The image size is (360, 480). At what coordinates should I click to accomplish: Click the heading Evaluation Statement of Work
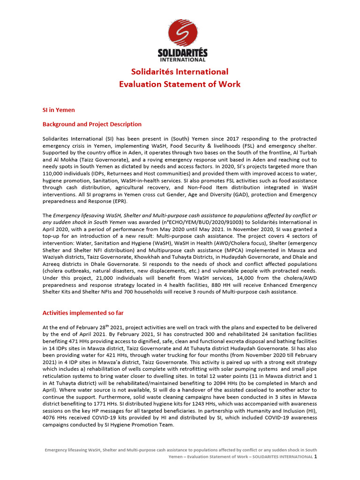(x=180, y=84)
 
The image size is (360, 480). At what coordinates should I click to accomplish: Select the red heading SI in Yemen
(x=59, y=110)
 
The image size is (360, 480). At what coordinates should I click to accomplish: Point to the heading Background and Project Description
(x=92, y=124)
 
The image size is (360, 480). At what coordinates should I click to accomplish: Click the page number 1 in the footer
(x=315, y=456)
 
